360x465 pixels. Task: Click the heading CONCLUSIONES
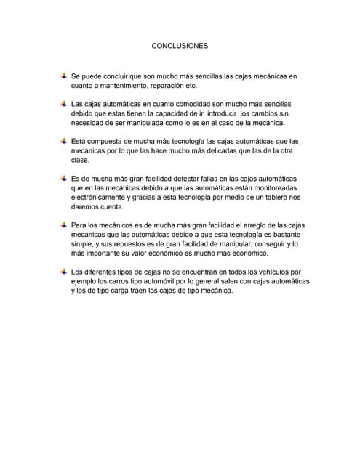pos(179,45)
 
